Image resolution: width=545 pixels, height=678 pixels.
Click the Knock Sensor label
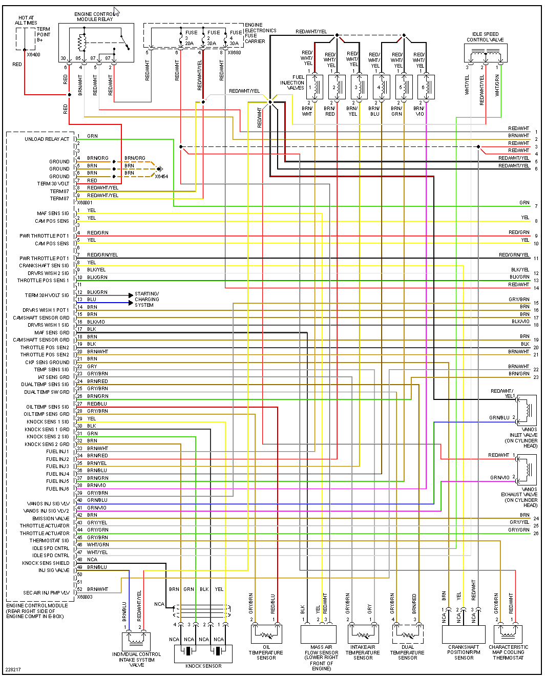pyautogui.click(x=203, y=666)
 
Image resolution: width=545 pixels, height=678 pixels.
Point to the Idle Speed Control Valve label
pyautogui.click(x=485, y=37)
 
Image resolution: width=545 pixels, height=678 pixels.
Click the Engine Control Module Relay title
pyautogui.click(x=95, y=17)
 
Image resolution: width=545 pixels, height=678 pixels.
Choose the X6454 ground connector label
pyautogui.click(x=161, y=177)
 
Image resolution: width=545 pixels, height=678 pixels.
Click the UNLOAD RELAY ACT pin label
pyautogui.click(x=47, y=139)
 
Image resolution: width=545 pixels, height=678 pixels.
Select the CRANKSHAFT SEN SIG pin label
pyautogui.click(x=44, y=266)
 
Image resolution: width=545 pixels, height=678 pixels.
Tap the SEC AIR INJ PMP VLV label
pyautogui.click(x=46, y=593)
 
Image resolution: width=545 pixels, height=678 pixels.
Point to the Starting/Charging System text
pyautogui.click(x=146, y=300)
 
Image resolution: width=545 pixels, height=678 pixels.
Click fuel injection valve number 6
pyautogui.click(x=427, y=87)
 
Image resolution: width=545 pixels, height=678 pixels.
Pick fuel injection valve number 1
pyautogui.click(x=315, y=87)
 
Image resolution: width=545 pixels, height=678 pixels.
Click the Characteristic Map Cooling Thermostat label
pyautogui.click(x=508, y=652)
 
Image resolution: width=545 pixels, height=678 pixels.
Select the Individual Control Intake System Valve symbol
pyautogui.click(x=136, y=641)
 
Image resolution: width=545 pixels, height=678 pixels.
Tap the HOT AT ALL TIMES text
pyautogui.click(x=26, y=20)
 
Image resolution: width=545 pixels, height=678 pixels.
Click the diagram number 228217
pyautogui.click(x=13, y=670)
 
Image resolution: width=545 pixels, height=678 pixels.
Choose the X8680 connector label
pyautogui.click(x=234, y=53)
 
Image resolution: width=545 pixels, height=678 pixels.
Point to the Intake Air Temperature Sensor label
pyautogui.click(x=363, y=652)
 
